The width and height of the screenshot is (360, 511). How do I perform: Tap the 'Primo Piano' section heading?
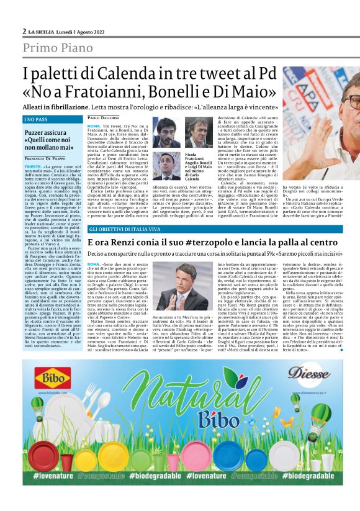pyautogui.click(x=60, y=48)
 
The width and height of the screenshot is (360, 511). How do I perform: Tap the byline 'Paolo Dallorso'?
pyautogui.click(x=103, y=118)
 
